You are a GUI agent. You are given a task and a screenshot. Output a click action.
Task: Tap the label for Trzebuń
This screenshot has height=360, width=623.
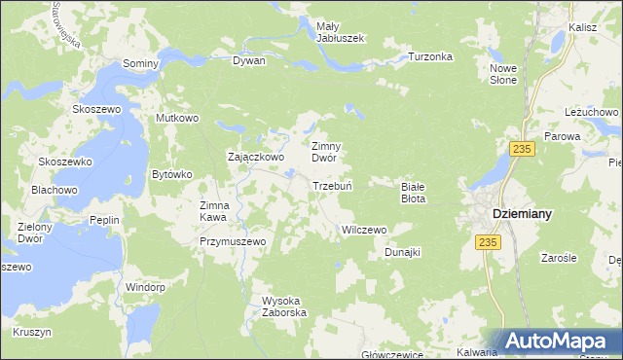[331, 186]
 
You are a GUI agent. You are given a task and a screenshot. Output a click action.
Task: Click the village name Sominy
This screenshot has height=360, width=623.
[140, 62]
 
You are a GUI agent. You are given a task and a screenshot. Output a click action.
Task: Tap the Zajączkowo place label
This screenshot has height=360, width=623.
[255, 156]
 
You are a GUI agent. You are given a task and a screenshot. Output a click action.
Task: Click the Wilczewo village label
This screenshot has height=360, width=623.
[364, 230]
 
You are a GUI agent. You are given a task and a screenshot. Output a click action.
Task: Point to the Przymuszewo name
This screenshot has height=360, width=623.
[233, 240]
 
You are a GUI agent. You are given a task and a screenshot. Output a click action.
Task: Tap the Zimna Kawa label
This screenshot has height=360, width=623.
[214, 211]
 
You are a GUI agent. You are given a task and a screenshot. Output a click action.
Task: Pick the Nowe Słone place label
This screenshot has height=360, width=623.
[503, 74]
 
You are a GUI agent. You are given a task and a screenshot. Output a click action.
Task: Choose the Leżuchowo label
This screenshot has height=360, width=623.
[592, 112]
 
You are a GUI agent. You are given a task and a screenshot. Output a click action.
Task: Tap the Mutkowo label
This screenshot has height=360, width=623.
[177, 118]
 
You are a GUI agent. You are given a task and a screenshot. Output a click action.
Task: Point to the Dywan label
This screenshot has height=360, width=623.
[248, 60]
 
